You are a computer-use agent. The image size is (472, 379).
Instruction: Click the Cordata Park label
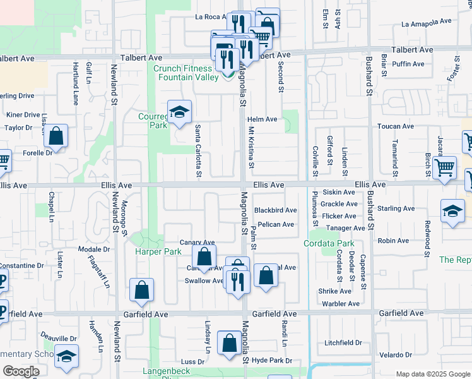[329, 243]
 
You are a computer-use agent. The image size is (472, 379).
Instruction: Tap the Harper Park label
[158, 251]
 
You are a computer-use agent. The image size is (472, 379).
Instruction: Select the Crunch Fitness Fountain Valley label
[184, 73]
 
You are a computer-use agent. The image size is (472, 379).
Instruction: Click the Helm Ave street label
[263, 119]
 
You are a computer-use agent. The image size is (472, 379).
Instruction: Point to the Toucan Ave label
[396, 126]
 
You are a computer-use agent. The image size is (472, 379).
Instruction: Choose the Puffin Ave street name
[408, 64]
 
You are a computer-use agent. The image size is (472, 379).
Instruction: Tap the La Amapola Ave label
[427, 21]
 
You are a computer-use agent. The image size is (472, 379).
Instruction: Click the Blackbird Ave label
[275, 210]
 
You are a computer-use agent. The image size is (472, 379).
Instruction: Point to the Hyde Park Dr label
[272, 361]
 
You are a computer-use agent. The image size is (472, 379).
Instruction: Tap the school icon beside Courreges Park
[180, 112]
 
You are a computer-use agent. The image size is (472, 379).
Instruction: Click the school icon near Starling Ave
[452, 212]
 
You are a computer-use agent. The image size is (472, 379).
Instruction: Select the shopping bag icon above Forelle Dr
[56, 136]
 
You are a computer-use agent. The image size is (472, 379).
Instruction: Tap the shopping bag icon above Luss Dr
[228, 343]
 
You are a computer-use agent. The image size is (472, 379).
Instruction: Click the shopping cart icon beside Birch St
[445, 167]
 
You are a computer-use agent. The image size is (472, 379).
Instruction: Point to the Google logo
[21, 372]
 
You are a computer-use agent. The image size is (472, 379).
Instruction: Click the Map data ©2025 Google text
[432, 374]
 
